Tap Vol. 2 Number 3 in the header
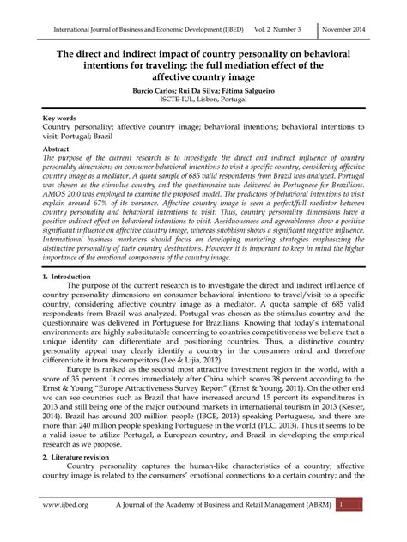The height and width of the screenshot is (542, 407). click(280, 27)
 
